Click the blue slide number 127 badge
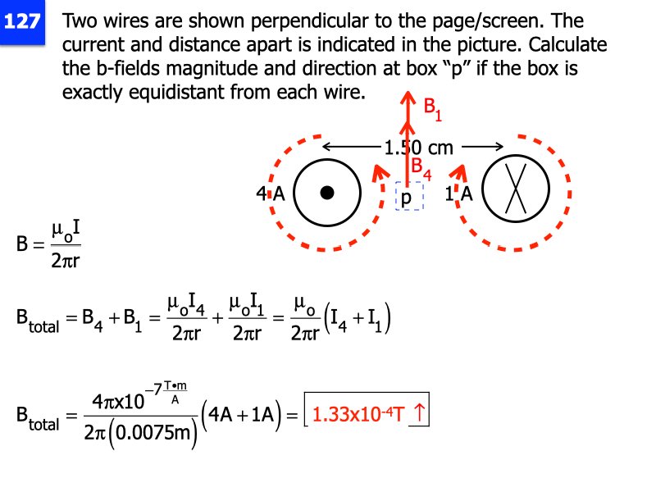(x=22, y=22)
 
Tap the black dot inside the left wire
(x=327, y=193)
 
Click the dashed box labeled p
(x=408, y=196)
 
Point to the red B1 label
(x=432, y=108)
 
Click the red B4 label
(x=421, y=168)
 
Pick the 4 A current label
(x=270, y=194)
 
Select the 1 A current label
(x=458, y=194)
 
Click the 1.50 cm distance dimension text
(x=418, y=148)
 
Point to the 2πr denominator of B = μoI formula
(x=66, y=260)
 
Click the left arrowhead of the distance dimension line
(x=326, y=148)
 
